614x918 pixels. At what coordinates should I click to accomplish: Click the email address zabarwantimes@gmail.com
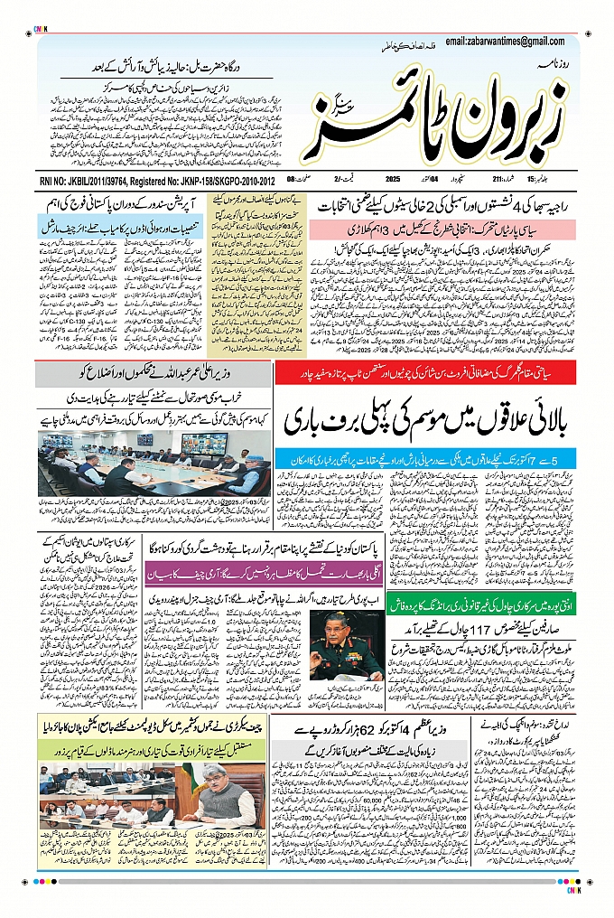[510, 41]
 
